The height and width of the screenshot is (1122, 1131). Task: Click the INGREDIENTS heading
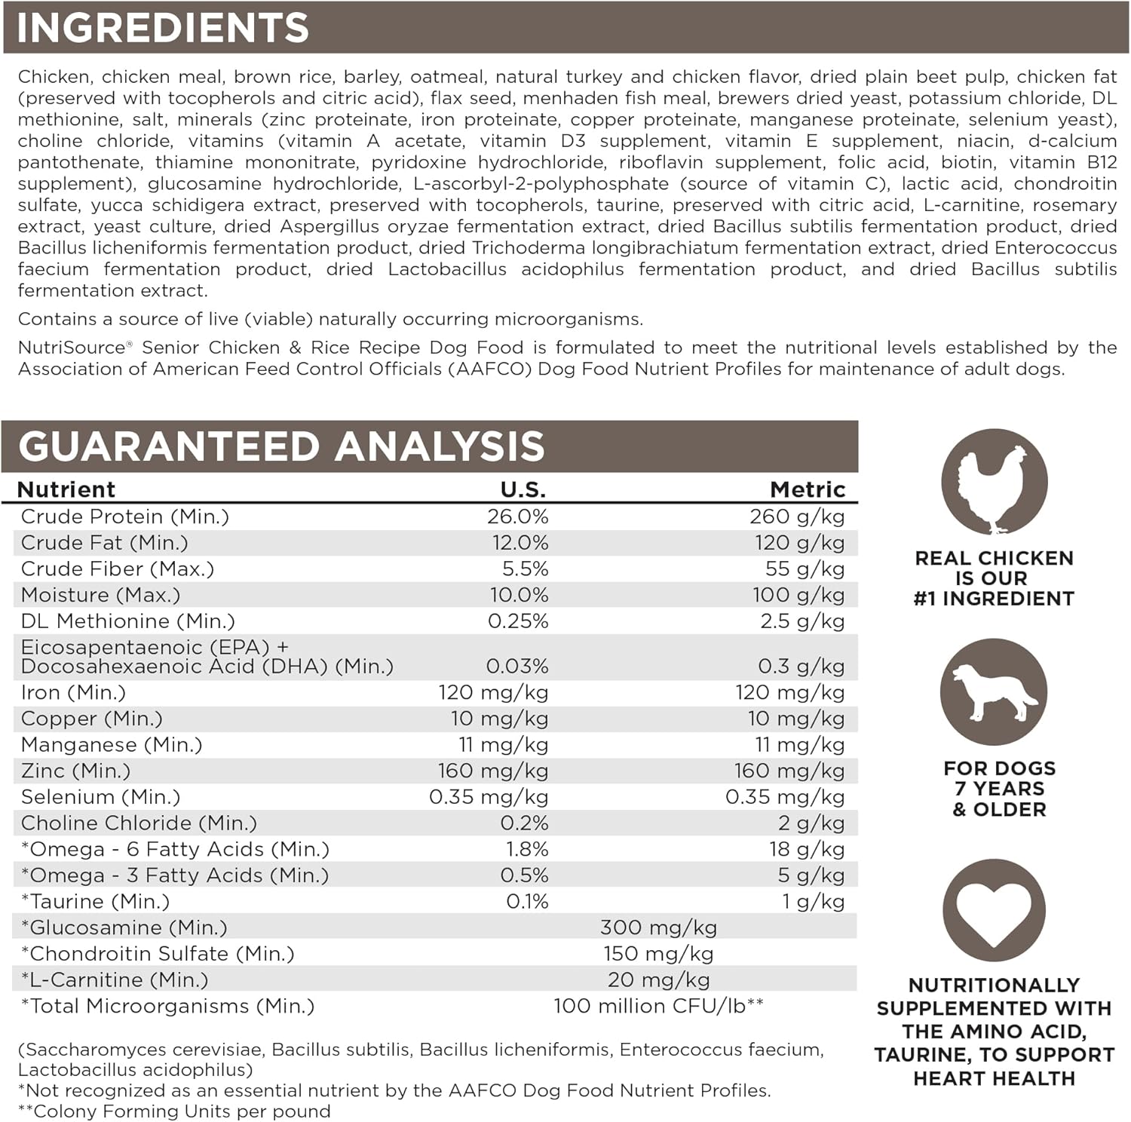[163, 28]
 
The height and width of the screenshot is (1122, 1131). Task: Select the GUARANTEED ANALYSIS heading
[281, 446]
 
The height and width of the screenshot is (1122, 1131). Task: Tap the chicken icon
[994, 482]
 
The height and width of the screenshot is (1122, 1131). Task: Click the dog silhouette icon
[994, 691]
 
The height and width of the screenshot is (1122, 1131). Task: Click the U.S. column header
[523, 489]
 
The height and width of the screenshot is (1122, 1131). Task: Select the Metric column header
[808, 489]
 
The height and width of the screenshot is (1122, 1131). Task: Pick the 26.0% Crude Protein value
[518, 517]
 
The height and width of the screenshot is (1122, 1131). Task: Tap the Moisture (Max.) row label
[101, 595]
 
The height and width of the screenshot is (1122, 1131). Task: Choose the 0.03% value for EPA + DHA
[517, 666]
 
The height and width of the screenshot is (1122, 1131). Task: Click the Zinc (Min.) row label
[76, 771]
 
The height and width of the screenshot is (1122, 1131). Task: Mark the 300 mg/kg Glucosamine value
[658, 927]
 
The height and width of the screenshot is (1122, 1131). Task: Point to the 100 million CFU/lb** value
[658, 1006]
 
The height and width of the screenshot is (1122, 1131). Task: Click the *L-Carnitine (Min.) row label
[115, 979]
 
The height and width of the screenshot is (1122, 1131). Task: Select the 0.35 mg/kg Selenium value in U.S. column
[489, 797]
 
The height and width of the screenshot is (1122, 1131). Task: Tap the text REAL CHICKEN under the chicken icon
[994, 558]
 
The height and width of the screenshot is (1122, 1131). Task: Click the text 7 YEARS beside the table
[999, 789]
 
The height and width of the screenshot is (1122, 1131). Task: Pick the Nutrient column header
[66, 489]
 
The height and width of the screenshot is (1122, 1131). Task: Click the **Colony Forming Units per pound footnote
[174, 1111]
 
